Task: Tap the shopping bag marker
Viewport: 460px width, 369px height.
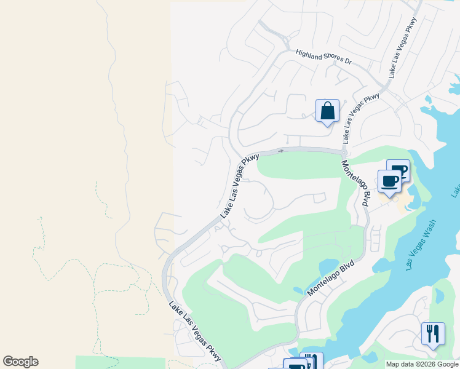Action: (x=327, y=112)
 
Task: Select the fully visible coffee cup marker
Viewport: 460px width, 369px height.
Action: (x=389, y=181)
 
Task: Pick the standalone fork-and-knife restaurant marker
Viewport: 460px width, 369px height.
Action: (x=433, y=334)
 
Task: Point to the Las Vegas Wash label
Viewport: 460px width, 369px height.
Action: (x=422, y=244)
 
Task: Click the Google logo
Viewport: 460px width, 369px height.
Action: (x=20, y=362)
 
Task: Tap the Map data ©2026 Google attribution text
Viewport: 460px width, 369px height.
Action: (x=422, y=364)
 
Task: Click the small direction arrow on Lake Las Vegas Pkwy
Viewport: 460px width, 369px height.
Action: (x=280, y=150)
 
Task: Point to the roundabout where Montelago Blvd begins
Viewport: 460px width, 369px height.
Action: (x=344, y=152)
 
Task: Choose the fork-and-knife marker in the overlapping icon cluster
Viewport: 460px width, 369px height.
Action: (x=313, y=362)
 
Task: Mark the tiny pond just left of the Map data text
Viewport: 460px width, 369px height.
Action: (x=371, y=356)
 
